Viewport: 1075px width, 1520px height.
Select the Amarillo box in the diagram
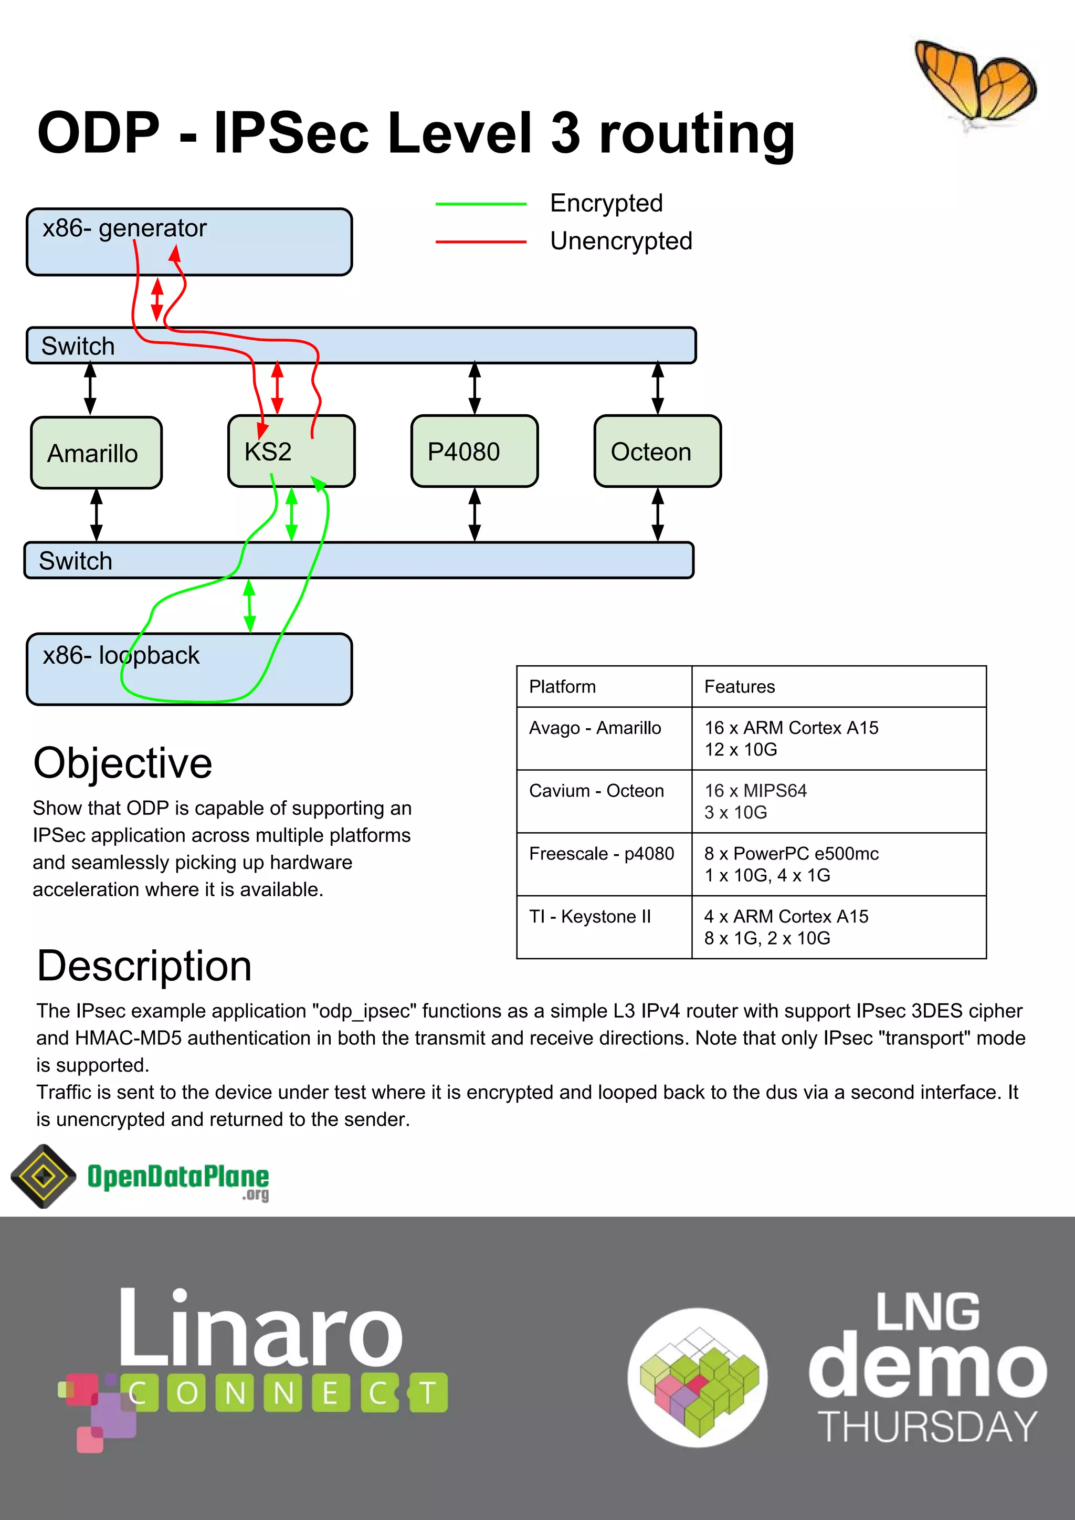coord(96,453)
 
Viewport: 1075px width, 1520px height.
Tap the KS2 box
coord(291,452)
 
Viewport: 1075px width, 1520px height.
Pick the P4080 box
coord(474,452)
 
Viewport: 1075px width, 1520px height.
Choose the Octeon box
coord(657,452)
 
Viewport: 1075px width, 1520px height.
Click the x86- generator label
coord(124,228)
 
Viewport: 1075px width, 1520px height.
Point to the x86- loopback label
coord(121,655)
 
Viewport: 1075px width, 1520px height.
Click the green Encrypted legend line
coord(481,204)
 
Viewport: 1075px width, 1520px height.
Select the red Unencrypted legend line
coord(481,242)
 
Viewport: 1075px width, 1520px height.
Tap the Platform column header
coord(562,687)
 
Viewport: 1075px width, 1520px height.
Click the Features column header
coord(740,687)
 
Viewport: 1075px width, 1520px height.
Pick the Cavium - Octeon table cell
coord(596,791)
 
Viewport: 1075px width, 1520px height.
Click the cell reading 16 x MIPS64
coord(755,791)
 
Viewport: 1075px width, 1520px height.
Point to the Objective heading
coord(122,763)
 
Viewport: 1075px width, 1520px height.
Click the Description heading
coord(144,966)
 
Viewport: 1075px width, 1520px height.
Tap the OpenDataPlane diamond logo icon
coord(44,1177)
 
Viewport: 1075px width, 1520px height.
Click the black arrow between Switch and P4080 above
coord(475,389)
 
